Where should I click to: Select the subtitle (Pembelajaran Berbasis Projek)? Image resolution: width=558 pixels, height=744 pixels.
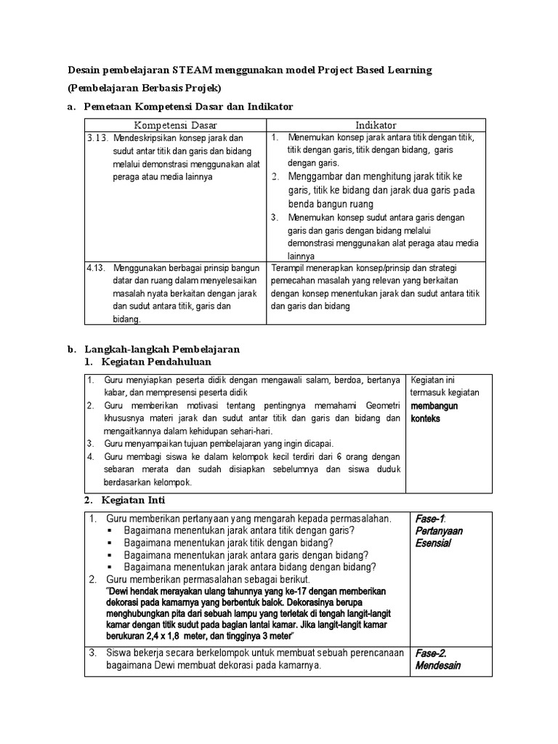[144, 89]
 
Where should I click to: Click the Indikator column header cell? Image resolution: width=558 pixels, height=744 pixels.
[376, 126]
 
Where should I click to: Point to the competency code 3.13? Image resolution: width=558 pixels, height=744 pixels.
[98, 137]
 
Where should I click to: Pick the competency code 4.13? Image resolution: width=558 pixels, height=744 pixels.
[97, 267]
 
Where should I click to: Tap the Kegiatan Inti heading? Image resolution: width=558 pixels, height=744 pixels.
[134, 501]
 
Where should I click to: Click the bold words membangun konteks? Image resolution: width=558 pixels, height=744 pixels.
[434, 412]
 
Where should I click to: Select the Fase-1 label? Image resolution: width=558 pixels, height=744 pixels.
[429, 519]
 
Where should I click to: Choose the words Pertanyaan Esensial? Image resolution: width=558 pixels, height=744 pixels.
[438, 537]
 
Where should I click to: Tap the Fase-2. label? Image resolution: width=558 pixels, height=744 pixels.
[431, 652]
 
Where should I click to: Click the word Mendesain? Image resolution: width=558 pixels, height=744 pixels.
[438, 666]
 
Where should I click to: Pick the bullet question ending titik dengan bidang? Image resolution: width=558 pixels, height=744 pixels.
[239, 543]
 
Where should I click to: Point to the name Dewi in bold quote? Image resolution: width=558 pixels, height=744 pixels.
[123, 591]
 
